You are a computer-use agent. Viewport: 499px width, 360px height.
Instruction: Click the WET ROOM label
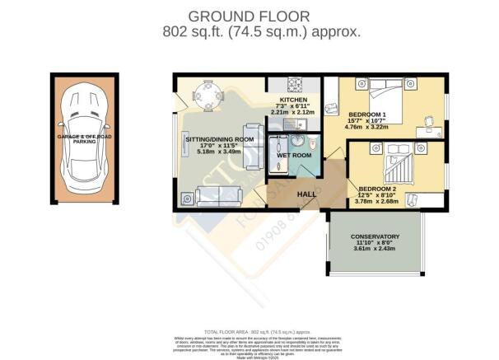click(x=293, y=155)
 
